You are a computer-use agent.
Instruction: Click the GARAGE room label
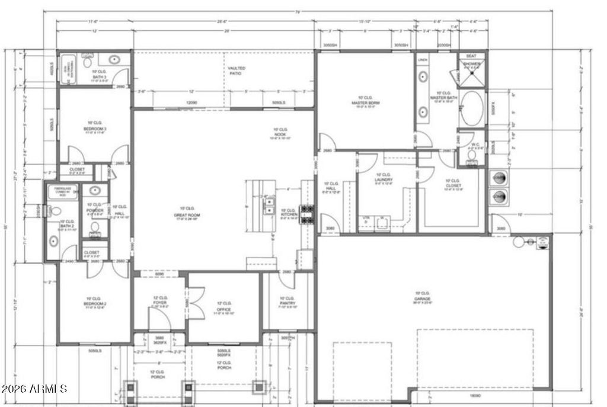tap(422, 297)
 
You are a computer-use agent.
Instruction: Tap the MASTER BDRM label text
tap(369, 101)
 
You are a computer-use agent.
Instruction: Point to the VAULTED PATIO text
tap(237, 72)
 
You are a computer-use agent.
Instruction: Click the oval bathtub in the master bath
tap(473, 110)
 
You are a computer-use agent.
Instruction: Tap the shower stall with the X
tap(472, 66)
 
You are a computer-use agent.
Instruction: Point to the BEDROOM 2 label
tap(94, 302)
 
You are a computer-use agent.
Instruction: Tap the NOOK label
tap(280, 133)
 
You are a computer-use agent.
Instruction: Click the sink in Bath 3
tap(113, 59)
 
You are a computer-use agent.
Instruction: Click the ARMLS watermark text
tap(34, 389)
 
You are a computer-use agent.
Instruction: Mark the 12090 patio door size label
tap(191, 102)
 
